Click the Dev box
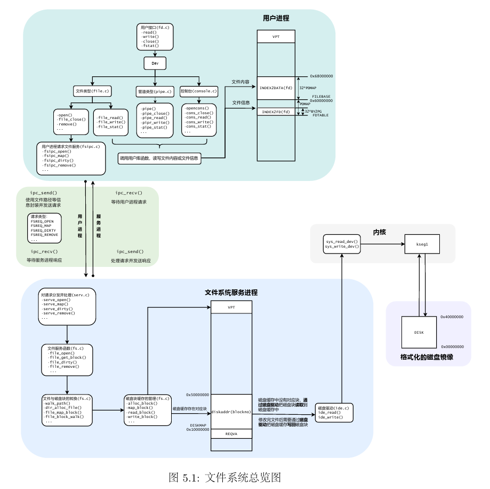[155, 64]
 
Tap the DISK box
[419, 332]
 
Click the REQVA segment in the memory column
[231, 434]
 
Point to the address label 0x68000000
[318, 76]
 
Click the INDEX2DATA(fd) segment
[276, 88]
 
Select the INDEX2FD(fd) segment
[276, 112]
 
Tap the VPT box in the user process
[276, 37]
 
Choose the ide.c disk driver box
[334, 413]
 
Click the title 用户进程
[276, 18]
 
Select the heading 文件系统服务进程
[231, 293]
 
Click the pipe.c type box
[155, 92]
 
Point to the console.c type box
[199, 91]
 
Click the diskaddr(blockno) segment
[231, 412]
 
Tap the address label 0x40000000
[452, 317]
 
